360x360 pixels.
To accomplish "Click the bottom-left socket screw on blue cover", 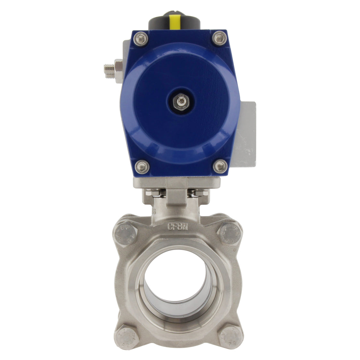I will coord(142,167).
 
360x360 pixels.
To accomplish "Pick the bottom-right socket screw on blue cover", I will coord(220,167).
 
